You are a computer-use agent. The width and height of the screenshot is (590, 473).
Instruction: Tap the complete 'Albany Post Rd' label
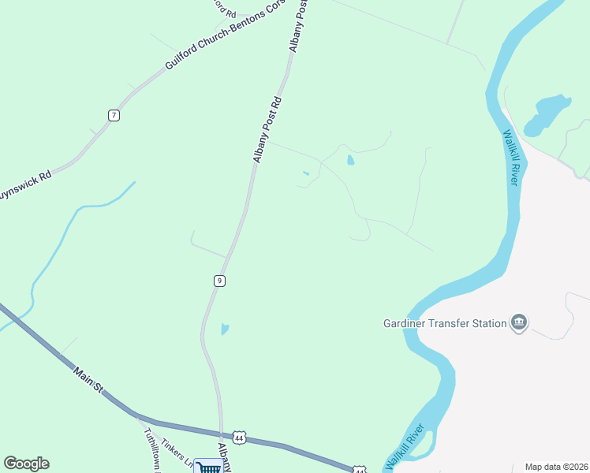[267, 130]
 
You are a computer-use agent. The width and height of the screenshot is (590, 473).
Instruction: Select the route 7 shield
[114, 115]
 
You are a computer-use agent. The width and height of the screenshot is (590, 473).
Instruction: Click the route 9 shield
[219, 281]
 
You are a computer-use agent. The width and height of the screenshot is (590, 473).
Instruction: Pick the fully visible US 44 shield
[239, 438]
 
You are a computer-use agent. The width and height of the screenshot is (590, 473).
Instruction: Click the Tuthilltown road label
[151, 448]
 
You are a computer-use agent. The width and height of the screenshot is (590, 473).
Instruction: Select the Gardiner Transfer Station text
[444, 322]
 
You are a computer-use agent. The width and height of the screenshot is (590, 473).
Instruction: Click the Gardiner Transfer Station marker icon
[519, 322]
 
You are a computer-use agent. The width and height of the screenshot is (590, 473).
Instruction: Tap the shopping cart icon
[209, 467]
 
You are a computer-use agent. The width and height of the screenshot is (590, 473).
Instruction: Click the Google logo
[26, 464]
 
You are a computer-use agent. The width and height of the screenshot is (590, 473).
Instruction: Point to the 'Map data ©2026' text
[557, 467]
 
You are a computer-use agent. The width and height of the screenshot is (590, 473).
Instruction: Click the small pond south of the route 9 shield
[225, 329]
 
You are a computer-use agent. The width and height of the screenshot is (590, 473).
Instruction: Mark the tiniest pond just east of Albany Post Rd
[306, 173]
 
